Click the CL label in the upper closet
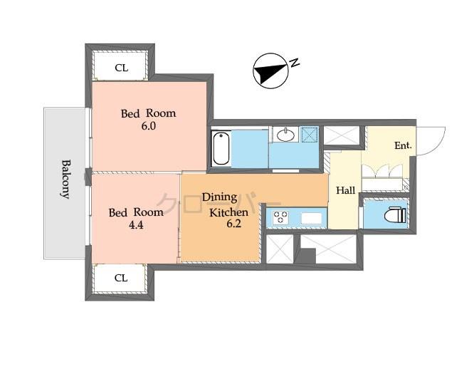click(121, 68)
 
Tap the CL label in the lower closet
click(121, 278)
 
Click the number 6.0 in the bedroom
click(147, 126)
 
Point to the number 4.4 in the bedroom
click(135, 225)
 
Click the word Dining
click(218, 197)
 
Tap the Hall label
click(345, 190)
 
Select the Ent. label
click(403, 146)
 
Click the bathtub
click(221, 148)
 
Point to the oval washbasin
click(288, 134)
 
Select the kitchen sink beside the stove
click(312, 217)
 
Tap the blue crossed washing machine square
click(310, 135)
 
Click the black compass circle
click(268, 72)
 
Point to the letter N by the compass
click(294, 64)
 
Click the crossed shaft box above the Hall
click(342, 136)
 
